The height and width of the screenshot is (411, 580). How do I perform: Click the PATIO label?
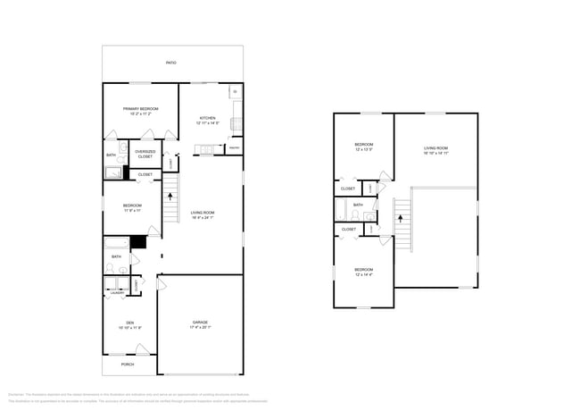point(170,63)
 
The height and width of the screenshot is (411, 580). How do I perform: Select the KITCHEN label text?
point(207,117)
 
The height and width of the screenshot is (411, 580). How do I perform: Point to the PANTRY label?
point(234,147)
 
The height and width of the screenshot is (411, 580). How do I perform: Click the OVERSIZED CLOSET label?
point(145,154)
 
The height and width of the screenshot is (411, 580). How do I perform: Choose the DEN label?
point(129,323)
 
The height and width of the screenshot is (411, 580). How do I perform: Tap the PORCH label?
point(128,364)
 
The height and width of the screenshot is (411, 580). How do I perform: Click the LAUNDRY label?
point(117,292)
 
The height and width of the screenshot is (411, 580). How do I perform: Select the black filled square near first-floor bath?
point(138,242)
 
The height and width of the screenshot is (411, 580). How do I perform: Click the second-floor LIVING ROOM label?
point(435,147)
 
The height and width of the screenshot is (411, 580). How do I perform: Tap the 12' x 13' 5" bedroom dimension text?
point(363,150)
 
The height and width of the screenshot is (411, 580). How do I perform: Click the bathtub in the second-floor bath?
point(341,210)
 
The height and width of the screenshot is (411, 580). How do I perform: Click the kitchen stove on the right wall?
point(236,113)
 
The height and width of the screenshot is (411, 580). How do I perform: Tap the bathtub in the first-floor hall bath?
point(117,242)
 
